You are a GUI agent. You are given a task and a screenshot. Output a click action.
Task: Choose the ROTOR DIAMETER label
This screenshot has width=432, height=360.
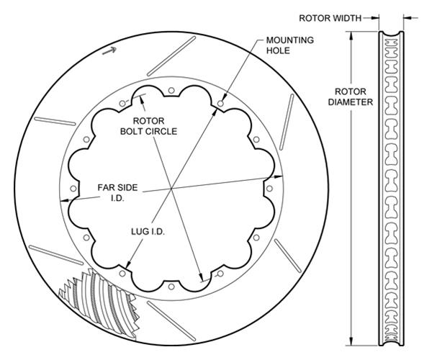click(350, 96)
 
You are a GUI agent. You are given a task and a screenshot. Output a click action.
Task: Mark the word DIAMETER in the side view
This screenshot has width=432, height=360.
click(350, 102)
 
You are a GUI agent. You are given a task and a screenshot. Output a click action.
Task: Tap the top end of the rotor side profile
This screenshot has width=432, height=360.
click(390, 33)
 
